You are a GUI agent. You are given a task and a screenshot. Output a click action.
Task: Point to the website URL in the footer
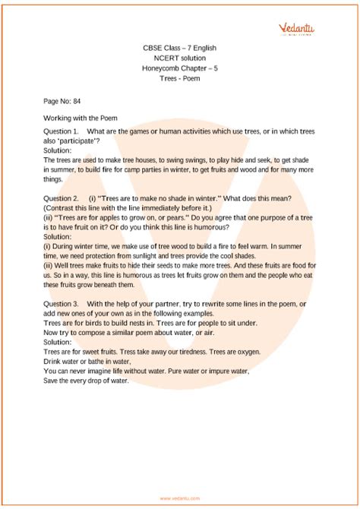click(x=180, y=498)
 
